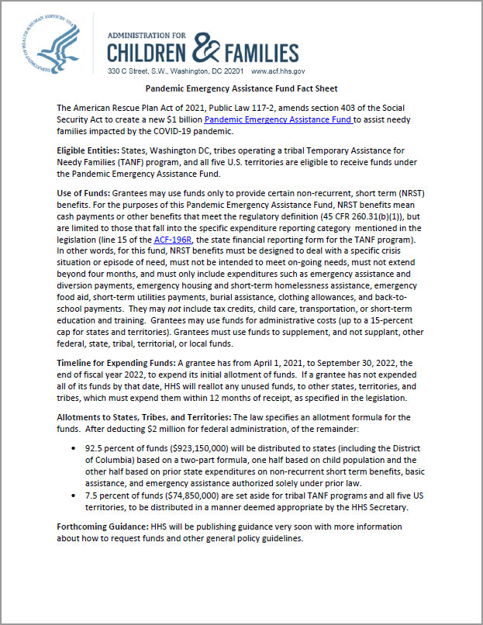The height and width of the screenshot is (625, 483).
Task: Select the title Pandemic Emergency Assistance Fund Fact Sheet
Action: pyautogui.click(x=241, y=89)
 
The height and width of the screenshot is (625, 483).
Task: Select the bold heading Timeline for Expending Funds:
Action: pyautogui.click(x=116, y=363)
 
